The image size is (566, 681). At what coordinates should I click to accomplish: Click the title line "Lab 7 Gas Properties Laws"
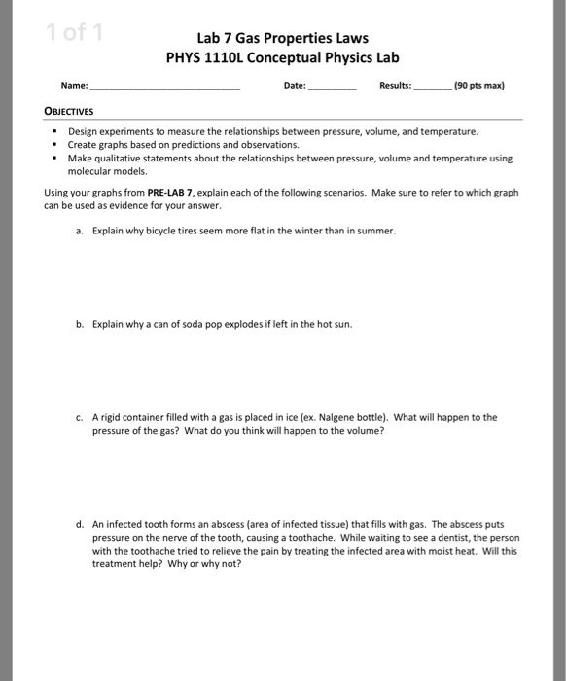tap(282, 38)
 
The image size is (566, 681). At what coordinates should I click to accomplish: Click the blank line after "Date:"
tap(333, 86)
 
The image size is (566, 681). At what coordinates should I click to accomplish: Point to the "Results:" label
tap(395, 86)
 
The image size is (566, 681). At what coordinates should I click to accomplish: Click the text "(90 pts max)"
tap(479, 86)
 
